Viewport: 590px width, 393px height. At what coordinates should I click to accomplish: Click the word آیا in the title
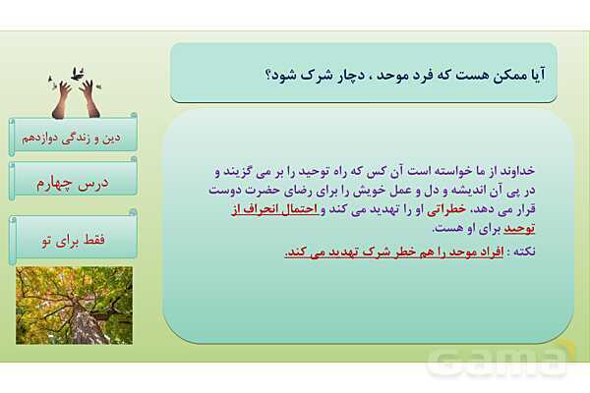click(x=531, y=74)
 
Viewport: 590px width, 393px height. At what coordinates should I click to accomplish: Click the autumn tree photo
click(x=74, y=305)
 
